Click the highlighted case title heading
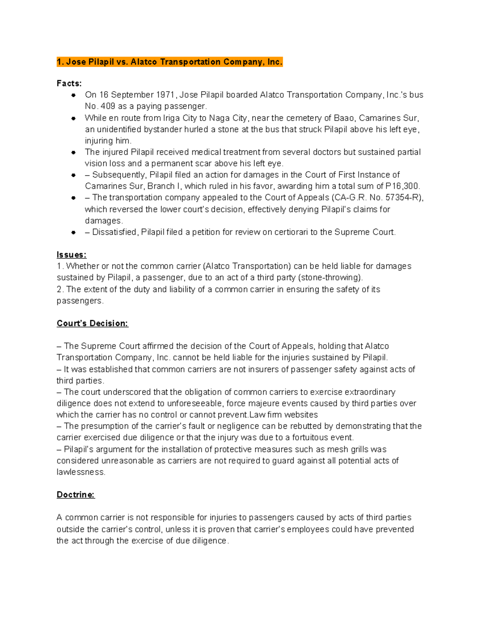click(170, 62)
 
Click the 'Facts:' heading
click(69, 84)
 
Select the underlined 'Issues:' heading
click(71, 255)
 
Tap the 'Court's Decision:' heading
click(92, 323)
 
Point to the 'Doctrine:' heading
click(76, 495)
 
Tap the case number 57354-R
click(403, 198)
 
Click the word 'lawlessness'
click(80, 472)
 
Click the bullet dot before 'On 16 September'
click(74, 95)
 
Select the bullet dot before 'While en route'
click(74, 119)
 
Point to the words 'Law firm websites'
click(284, 415)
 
